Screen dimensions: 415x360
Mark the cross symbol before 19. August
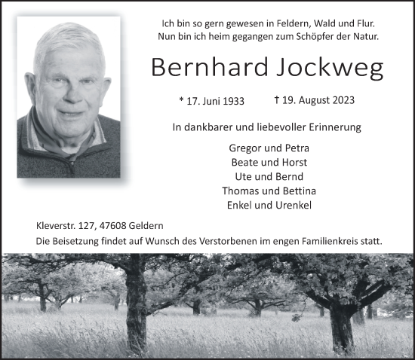pos(277,99)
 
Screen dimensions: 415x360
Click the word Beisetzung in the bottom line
pos(77,241)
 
